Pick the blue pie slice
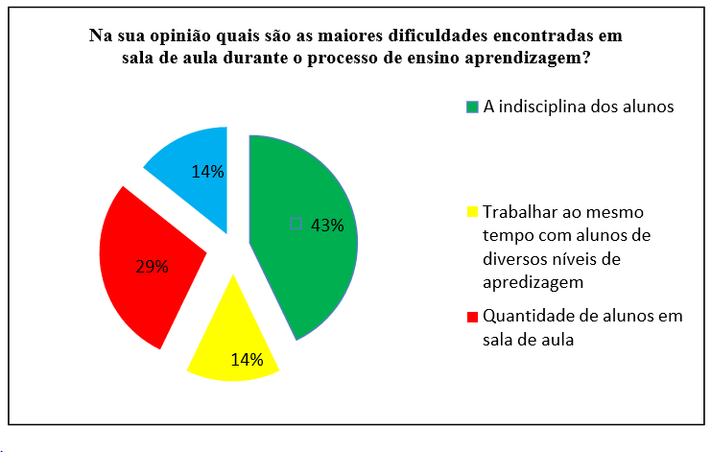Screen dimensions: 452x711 [x=187, y=168]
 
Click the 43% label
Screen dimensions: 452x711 [x=327, y=226]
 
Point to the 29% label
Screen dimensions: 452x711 [x=152, y=266]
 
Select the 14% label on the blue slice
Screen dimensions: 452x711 [x=207, y=172]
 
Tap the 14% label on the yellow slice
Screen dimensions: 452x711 [x=247, y=361]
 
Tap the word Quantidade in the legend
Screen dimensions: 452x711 [x=527, y=315]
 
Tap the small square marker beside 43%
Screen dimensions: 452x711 [x=296, y=224]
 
